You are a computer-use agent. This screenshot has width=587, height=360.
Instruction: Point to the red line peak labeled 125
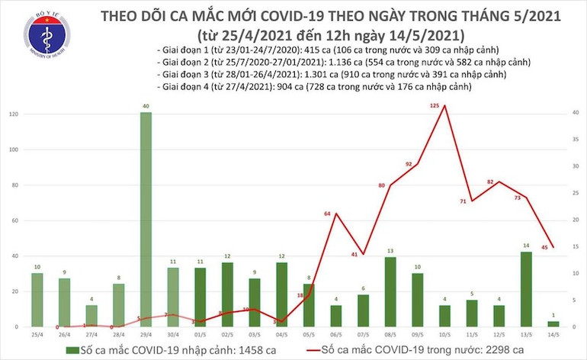(444, 105)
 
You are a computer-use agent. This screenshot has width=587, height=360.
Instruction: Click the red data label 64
(329, 214)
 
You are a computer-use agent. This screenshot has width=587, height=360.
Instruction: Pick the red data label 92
(409, 164)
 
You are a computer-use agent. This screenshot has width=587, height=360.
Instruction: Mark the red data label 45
(546, 246)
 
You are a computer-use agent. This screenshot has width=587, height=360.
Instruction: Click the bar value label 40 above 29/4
(146, 106)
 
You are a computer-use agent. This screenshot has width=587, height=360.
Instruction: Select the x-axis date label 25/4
(37, 334)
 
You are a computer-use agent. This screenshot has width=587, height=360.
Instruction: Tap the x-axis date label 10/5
(444, 334)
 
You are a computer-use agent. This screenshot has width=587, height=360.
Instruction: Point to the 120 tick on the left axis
(14, 114)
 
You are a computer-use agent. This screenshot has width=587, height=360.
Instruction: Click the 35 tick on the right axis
(574, 139)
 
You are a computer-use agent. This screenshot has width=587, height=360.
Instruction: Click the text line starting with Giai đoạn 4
(313, 88)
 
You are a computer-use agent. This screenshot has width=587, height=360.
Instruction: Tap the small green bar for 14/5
(553, 323)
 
